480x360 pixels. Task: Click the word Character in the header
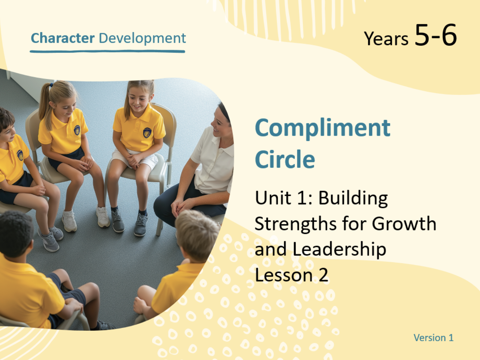pos(63,38)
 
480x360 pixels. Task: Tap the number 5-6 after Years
pos(436,35)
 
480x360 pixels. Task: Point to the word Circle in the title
pos(285,159)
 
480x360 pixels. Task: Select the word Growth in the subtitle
pos(404,223)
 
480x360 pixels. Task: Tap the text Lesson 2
pos(292,275)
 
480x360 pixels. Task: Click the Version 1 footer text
pos(433,338)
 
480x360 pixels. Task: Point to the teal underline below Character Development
pos(108,52)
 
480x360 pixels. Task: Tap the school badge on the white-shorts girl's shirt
pos(147,133)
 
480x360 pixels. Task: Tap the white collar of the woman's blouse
pos(223,145)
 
